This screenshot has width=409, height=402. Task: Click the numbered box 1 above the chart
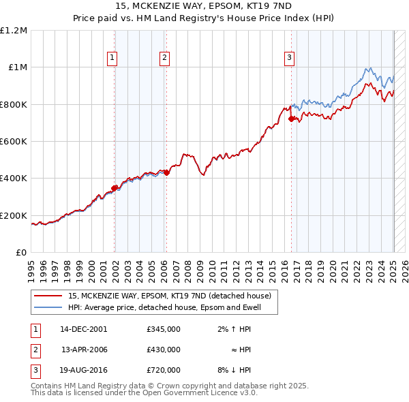click(x=112, y=59)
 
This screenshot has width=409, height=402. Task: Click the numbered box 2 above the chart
click(x=165, y=59)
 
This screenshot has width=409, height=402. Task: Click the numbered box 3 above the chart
click(x=290, y=59)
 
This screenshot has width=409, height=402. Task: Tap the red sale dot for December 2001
click(x=115, y=188)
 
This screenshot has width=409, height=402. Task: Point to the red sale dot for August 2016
click(x=292, y=119)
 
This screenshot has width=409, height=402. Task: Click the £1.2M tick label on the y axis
click(x=14, y=31)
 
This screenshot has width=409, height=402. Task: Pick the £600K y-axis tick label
click(x=14, y=142)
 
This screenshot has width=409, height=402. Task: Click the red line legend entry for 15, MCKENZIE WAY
click(x=170, y=296)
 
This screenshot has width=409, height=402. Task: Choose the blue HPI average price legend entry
click(x=173, y=307)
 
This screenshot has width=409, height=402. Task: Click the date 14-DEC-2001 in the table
click(x=84, y=330)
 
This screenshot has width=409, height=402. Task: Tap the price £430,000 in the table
click(x=164, y=350)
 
